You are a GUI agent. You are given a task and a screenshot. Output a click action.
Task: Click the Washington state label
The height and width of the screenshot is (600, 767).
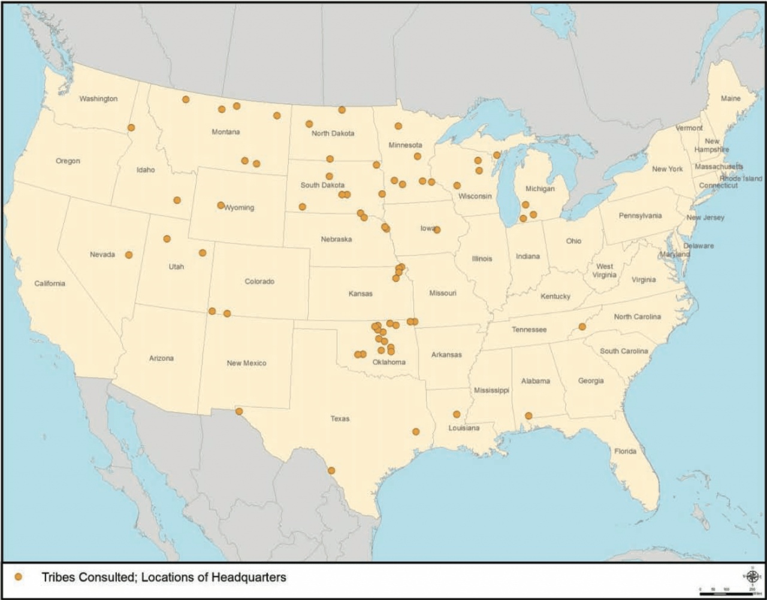[98, 99]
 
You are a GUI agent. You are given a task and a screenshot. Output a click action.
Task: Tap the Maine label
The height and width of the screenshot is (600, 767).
[730, 98]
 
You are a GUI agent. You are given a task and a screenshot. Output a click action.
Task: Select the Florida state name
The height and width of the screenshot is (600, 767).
[625, 451]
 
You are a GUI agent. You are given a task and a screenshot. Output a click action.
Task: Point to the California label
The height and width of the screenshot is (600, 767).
[50, 283]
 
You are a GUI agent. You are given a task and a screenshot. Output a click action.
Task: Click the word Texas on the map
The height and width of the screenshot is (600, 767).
[340, 419]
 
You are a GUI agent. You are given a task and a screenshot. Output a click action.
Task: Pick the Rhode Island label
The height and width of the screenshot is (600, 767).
[741, 178]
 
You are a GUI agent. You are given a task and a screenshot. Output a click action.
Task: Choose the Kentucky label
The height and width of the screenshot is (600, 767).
[555, 296]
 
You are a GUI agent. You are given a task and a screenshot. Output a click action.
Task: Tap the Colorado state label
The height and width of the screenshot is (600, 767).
[259, 281]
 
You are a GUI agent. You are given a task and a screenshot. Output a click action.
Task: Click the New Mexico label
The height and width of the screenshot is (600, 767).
[246, 363]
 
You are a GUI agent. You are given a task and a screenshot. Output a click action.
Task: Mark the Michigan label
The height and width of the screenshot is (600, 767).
[540, 189]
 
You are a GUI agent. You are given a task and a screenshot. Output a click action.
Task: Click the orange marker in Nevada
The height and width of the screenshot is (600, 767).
[128, 254]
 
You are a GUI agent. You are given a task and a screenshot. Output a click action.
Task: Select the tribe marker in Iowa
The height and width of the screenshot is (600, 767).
[437, 230]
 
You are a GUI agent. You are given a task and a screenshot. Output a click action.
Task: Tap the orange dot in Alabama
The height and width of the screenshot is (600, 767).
[529, 416]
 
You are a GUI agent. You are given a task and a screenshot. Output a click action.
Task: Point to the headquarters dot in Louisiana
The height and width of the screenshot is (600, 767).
[457, 414]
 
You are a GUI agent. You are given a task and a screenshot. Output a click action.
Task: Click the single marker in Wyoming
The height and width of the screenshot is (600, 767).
[221, 205]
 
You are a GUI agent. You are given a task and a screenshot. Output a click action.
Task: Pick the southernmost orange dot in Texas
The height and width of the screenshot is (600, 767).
[331, 471]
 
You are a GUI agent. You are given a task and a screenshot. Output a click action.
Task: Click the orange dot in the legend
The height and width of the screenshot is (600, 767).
[19, 577]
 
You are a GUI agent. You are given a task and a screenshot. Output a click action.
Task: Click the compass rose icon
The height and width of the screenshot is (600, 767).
[752, 575]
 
